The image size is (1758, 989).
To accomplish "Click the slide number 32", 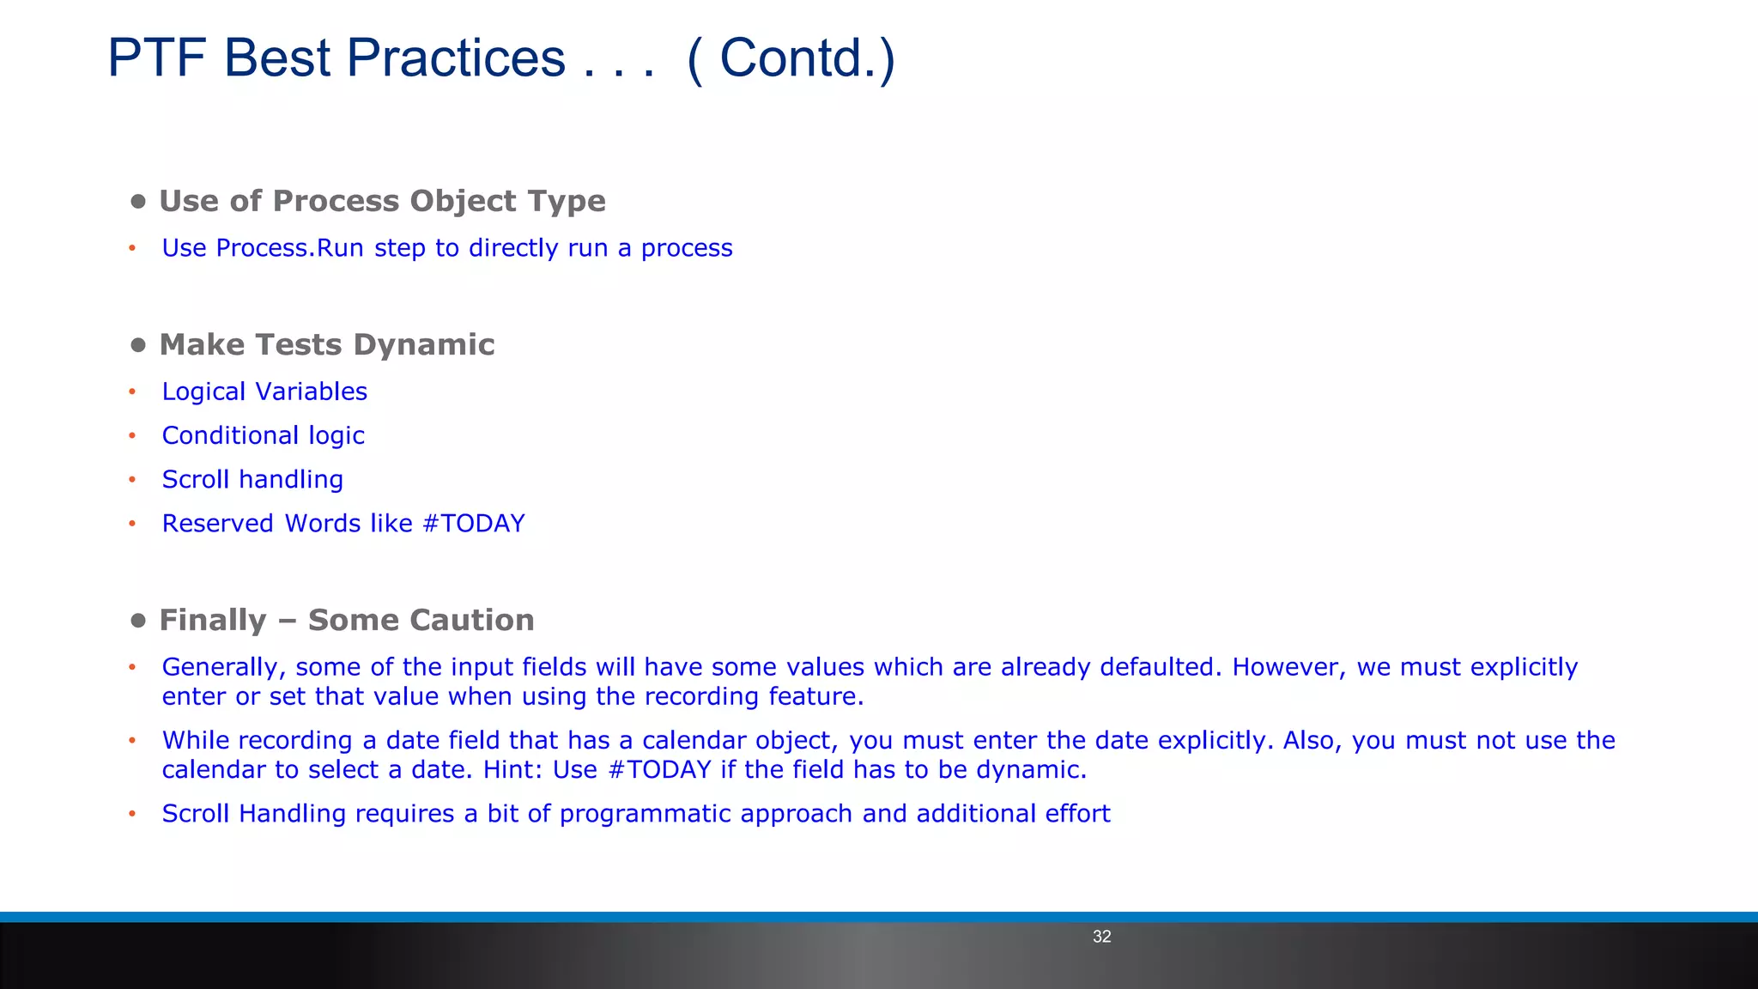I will pos(1101,937).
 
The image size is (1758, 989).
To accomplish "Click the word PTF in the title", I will pos(156,58).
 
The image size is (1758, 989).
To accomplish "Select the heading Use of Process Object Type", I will pos(382,201).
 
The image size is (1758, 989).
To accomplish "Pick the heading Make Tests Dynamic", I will pos(327,344).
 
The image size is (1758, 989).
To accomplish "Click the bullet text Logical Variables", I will pos(264,391).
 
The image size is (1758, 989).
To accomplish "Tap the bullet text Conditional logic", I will pos(264,435).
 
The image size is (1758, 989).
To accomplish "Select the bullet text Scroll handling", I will pos(252,479).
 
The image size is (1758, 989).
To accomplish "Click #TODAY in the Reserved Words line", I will pos(474,524).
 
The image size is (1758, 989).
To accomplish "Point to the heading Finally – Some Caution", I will pos(347,620).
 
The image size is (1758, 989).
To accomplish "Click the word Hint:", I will pos(512,769).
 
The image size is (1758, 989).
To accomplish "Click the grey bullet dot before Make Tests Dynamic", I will pos(138,345).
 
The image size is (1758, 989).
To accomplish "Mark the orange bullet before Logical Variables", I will pos(132,392).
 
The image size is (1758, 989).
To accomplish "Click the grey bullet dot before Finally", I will pos(138,621).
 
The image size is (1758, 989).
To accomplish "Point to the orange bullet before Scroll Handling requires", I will pos(132,814).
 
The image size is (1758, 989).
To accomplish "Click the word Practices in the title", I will pos(456,58).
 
